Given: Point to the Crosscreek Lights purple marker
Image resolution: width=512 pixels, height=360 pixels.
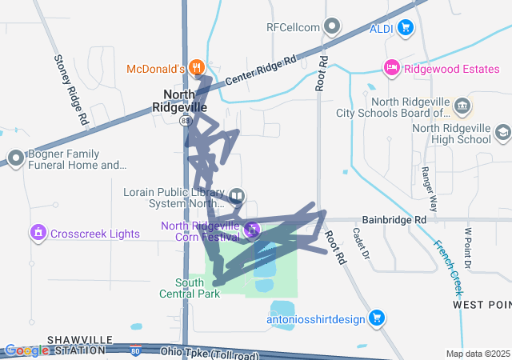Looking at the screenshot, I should (x=37, y=234).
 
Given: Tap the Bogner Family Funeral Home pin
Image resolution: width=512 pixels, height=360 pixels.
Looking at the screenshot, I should (x=14, y=158).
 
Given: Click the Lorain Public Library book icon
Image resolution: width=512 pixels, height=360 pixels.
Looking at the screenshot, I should (x=237, y=196).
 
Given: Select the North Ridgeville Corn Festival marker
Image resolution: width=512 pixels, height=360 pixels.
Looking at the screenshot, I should (x=252, y=230).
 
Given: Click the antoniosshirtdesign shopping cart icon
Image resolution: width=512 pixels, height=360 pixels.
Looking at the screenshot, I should (x=378, y=318).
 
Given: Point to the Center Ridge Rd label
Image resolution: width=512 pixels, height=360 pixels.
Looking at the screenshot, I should (x=261, y=71).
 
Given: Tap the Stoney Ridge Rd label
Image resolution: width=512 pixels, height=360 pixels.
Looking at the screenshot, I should (x=70, y=88).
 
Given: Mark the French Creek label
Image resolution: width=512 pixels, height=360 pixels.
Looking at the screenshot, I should (x=450, y=267).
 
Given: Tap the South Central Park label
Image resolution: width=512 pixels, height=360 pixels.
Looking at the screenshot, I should (x=198, y=288).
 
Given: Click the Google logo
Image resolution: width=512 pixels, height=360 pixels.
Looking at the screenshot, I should (x=26, y=350).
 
